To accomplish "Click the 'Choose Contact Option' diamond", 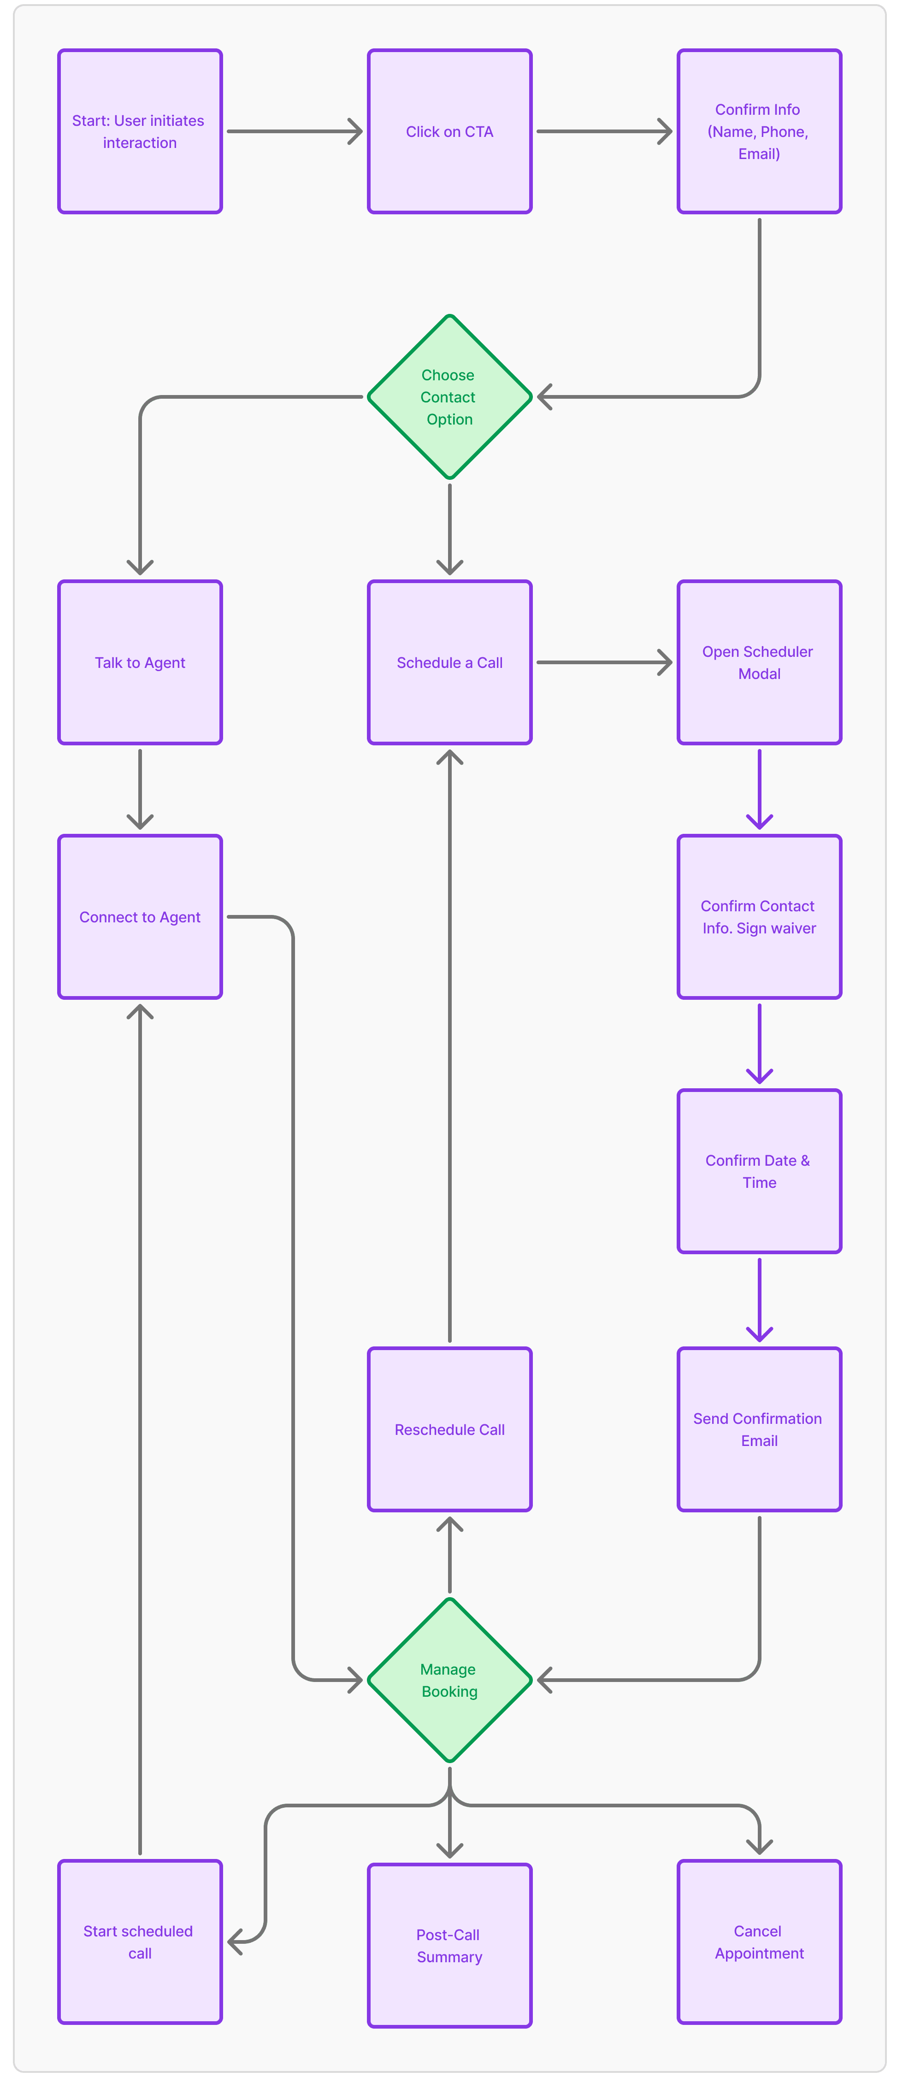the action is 450,397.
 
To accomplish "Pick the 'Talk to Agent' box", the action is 140,662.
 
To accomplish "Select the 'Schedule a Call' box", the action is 450,662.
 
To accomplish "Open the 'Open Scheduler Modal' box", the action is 760,662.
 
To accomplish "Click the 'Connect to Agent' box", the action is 140,917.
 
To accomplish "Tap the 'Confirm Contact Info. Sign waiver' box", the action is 760,917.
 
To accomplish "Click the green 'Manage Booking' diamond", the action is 450,1680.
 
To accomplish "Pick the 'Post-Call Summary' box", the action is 450,1946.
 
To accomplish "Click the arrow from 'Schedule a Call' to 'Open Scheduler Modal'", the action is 604,662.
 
